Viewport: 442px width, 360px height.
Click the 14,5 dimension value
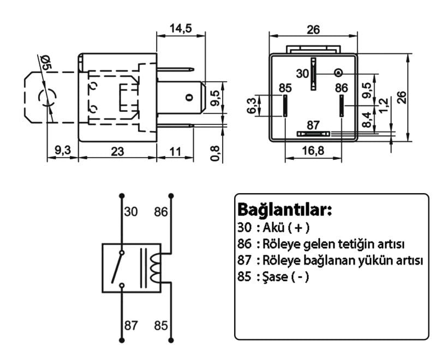[181, 29]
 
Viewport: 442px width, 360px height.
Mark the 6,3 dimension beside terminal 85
[252, 105]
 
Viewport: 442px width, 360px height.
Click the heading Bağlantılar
[284, 210]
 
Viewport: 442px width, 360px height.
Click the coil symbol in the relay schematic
[157, 267]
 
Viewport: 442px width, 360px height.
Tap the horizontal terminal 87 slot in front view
[313, 134]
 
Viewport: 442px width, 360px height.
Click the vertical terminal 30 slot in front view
[314, 74]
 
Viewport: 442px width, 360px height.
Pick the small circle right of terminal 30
[339, 73]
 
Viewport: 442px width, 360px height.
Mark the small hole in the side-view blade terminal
[189, 98]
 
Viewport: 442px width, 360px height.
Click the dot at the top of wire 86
[171, 195]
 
